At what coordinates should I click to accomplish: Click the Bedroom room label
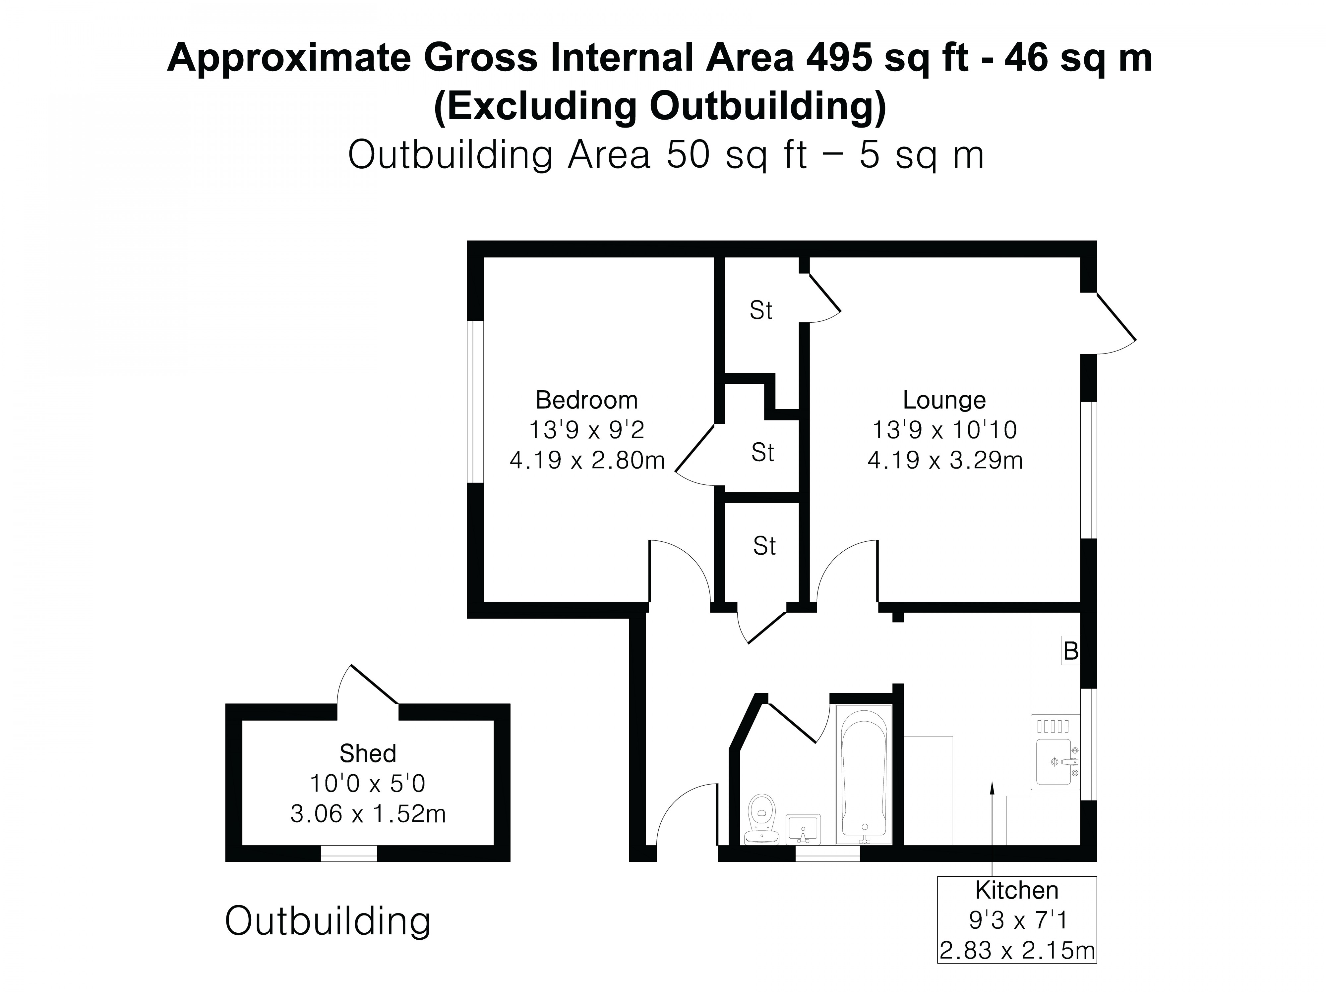pos(586,400)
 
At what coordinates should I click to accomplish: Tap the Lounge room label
pos(944,400)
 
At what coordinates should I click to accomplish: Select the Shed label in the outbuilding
pos(367,753)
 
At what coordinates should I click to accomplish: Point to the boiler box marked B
pos(1070,651)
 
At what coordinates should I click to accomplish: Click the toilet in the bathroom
pos(762,818)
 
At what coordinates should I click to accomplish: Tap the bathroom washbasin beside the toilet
pos(803,829)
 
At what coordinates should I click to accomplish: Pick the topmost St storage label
pos(761,310)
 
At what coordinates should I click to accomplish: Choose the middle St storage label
pos(762,452)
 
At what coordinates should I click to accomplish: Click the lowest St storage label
pos(764,546)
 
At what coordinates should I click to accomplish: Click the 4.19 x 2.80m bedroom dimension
pos(587,460)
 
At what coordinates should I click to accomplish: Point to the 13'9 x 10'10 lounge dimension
pos(944,430)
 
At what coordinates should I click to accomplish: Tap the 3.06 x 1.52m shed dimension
pos(367,814)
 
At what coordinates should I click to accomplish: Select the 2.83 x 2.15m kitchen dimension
pos(1017,950)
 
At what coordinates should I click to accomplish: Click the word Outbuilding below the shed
pos(327,921)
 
